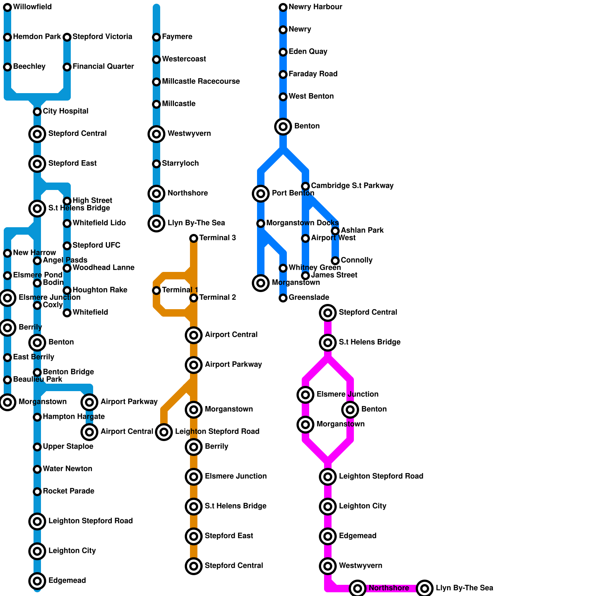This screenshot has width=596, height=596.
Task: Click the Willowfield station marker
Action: [x=7, y=7]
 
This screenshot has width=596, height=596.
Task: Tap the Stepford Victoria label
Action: [x=102, y=37]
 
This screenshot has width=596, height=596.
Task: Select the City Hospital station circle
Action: [x=37, y=111]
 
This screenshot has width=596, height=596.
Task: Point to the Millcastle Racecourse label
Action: [x=201, y=81]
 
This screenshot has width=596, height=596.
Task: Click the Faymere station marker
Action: [x=156, y=37]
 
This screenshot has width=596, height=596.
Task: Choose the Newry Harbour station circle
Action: [x=283, y=7]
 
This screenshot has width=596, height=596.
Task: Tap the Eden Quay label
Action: [x=308, y=51]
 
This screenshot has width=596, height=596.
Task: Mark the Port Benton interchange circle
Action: [x=261, y=193]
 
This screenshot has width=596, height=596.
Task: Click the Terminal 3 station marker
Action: [x=194, y=238]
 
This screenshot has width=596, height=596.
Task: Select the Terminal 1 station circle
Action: [x=156, y=290]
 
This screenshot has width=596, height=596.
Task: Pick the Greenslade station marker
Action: [x=283, y=298]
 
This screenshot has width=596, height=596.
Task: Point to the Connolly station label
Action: [x=356, y=260]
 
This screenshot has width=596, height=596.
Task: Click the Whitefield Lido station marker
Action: [x=67, y=223]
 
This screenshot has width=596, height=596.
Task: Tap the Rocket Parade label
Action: [x=68, y=491]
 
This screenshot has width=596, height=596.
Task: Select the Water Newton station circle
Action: [x=37, y=469]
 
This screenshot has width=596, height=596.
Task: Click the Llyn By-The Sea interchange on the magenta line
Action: [x=425, y=588]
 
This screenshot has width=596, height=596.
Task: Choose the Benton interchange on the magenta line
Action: [x=350, y=409]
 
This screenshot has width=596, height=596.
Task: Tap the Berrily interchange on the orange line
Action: [x=194, y=447]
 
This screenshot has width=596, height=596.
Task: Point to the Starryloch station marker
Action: [x=156, y=164]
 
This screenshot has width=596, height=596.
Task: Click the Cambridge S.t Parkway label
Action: [x=352, y=186]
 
